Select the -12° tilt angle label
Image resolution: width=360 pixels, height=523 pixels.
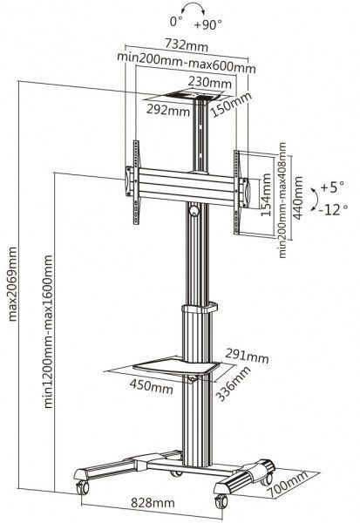[x=333, y=208]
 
